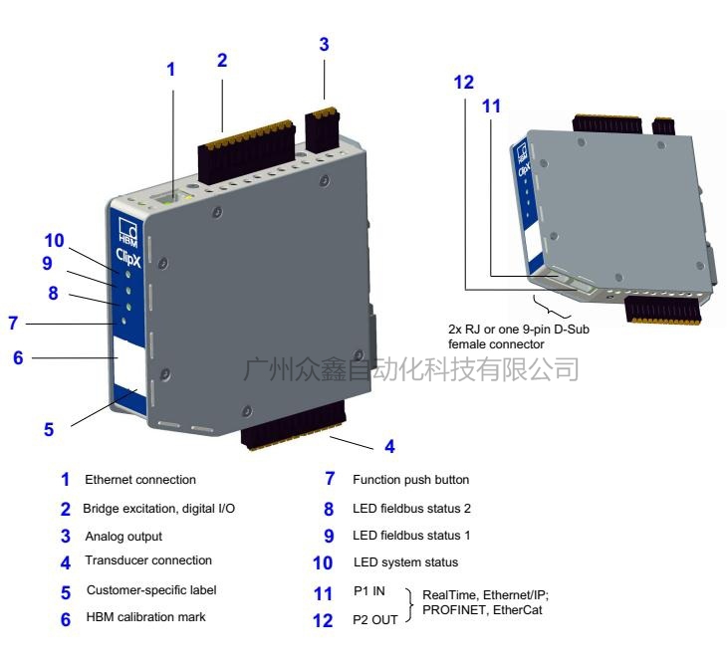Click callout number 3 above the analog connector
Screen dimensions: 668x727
pos(323,45)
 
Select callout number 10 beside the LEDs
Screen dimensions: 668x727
pos(55,242)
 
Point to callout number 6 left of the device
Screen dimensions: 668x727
pos(18,356)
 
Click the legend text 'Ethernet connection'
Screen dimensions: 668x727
pos(141,480)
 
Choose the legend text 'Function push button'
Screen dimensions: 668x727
pos(410,480)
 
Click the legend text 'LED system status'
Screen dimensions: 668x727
pos(405,563)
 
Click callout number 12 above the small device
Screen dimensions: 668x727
pos(463,83)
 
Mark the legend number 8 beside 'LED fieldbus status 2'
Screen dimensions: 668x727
pos(330,508)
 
